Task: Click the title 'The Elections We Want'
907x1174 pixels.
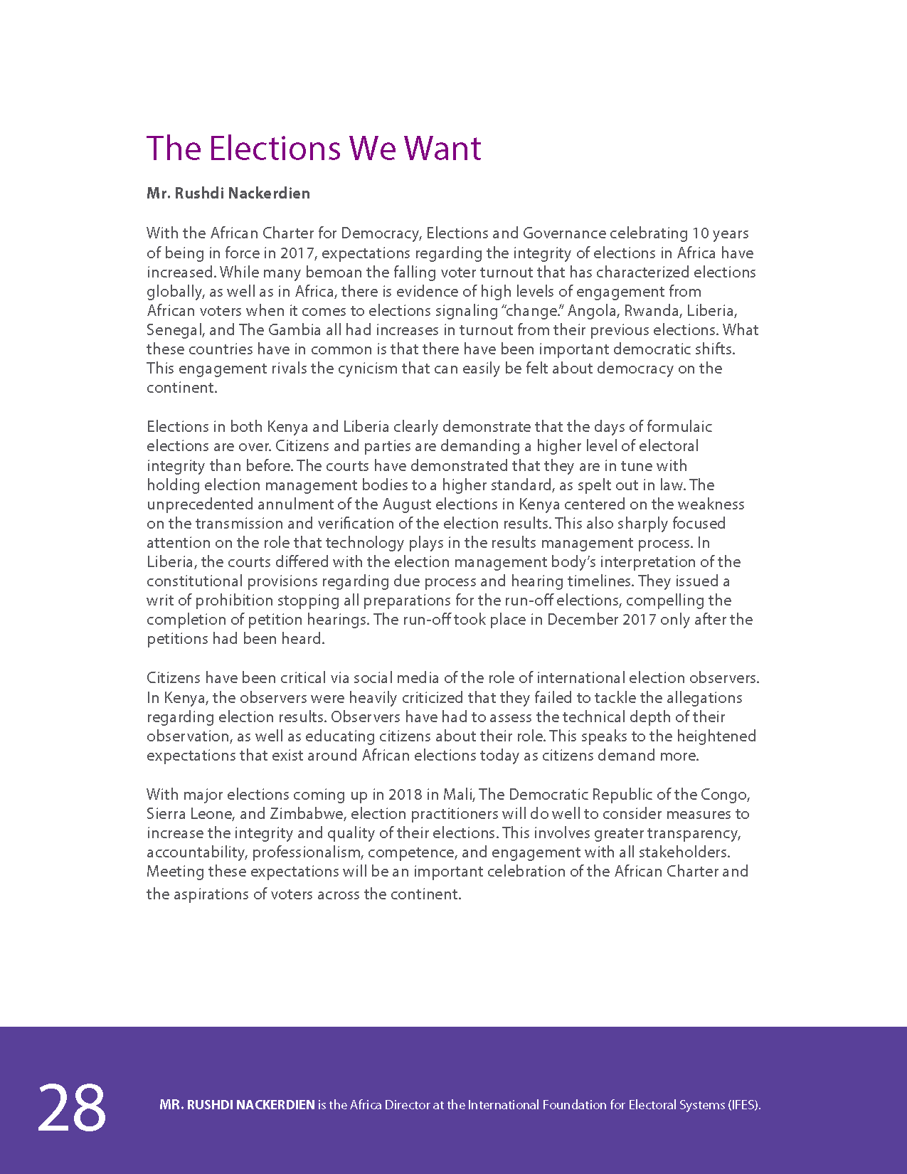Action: (314, 148)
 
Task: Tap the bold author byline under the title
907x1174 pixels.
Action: (228, 194)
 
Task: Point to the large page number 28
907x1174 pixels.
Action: (72, 1107)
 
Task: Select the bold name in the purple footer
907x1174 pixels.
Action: (238, 1105)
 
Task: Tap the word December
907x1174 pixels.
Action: (582, 620)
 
